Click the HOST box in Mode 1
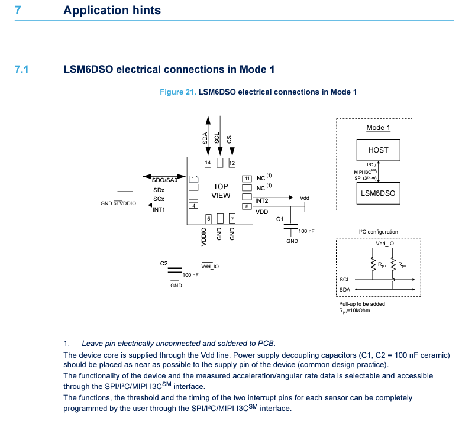click(x=378, y=150)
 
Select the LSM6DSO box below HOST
click(x=378, y=193)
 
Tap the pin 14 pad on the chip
click(x=208, y=163)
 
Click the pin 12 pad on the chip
click(x=232, y=163)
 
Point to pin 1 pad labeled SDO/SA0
click(x=193, y=179)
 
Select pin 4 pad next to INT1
click(x=193, y=206)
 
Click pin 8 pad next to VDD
click(x=247, y=206)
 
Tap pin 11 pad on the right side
click(x=247, y=179)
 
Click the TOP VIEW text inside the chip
click(x=221, y=191)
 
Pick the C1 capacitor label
click(x=280, y=219)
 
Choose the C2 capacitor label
click(x=164, y=263)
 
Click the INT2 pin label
click(x=262, y=201)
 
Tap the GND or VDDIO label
click(x=118, y=204)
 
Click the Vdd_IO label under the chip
click(x=210, y=267)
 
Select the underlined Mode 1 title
click(x=378, y=128)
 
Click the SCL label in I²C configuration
click(x=345, y=280)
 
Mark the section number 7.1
click(x=22, y=69)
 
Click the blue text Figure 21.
click(x=178, y=92)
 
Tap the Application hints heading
click(x=112, y=11)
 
